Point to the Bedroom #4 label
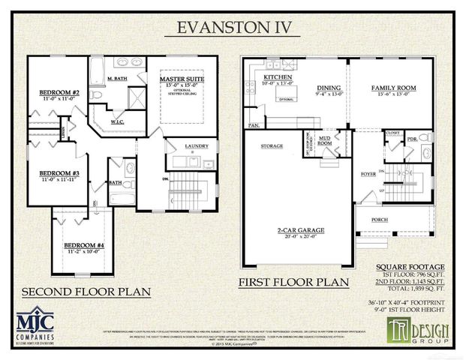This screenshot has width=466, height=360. point(83,245)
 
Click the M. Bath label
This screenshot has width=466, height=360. point(116,79)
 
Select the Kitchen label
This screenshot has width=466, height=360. point(277,78)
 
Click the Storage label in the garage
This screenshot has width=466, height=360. point(271,146)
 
